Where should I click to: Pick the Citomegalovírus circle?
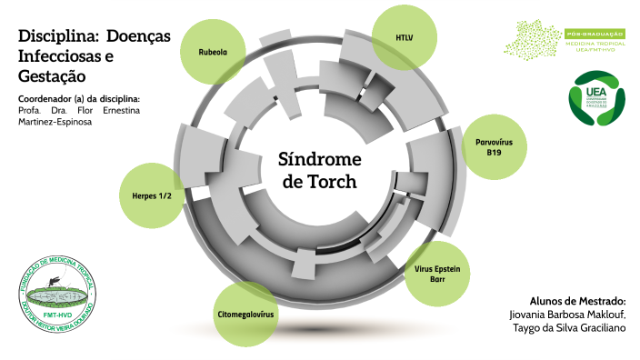245,314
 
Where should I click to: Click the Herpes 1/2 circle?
151,195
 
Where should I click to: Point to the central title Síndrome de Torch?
319,169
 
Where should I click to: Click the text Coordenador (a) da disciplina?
78,98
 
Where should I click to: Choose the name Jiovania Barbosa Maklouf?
561,314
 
